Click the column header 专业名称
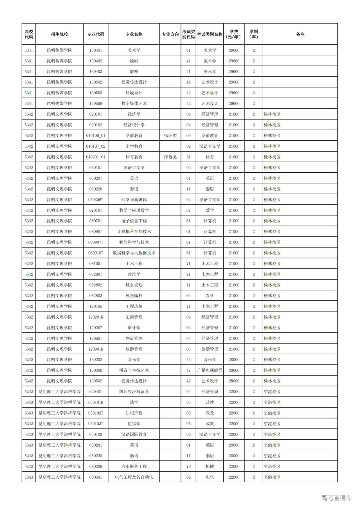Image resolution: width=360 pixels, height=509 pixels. pyautogui.click(x=134, y=34)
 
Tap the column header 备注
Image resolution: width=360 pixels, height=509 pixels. pyautogui.click(x=300, y=34)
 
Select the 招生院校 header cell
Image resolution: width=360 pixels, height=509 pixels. pyautogui.click(x=59, y=34)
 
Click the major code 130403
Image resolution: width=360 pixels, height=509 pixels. pyautogui.click(x=96, y=72)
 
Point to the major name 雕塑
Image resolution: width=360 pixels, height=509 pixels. pyautogui.click(x=134, y=72)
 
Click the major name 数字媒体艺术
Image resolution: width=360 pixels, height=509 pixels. pyautogui.click(x=134, y=103)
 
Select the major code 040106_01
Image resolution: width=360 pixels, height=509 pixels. pyautogui.click(x=96, y=136)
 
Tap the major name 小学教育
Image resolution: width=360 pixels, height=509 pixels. pyautogui.click(x=134, y=146)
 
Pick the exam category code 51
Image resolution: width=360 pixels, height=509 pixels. pyautogui.click(x=188, y=157)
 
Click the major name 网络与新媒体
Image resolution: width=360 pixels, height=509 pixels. pyautogui.click(x=134, y=200)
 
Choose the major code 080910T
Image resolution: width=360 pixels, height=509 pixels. pyautogui.click(x=96, y=253)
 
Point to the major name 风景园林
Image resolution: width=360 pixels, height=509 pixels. pyautogui.click(x=134, y=296)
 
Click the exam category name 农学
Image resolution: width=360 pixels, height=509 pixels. pyautogui.click(x=210, y=296)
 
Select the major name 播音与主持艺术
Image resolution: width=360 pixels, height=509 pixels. pyautogui.click(x=134, y=370)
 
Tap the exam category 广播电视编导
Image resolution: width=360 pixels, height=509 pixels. pyautogui.click(x=210, y=370)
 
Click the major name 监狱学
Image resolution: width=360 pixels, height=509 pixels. pyautogui.click(x=134, y=424)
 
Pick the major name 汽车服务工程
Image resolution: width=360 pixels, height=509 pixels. pyautogui.click(x=134, y=467)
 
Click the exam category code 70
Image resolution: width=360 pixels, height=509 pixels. pyautogui.click(x=188, y=467)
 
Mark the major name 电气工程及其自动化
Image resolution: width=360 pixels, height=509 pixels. pyautogui.click(x=134, y=477)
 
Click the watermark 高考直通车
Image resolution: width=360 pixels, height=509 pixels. pyautogui.click(x=336, y=498)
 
